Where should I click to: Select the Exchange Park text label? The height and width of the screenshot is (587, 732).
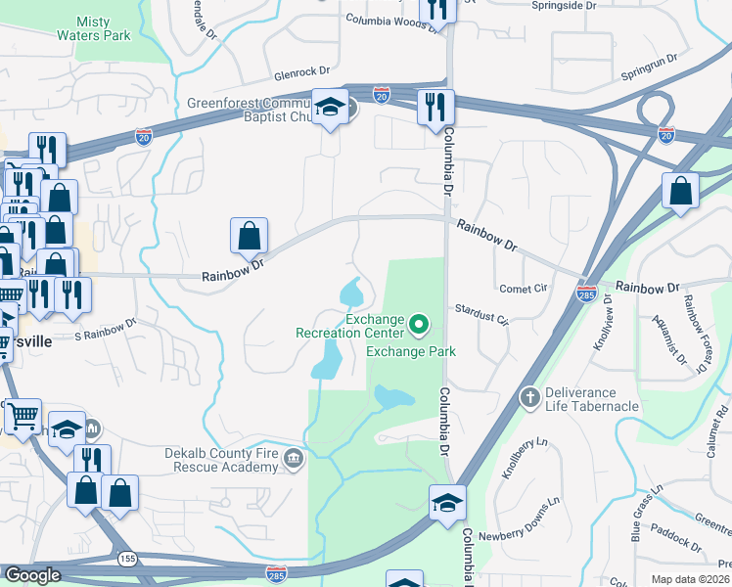tap(411, 351)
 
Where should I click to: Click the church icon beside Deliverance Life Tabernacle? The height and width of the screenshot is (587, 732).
tap(529, 397)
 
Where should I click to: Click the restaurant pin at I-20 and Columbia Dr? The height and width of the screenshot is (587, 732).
tap(432, 108)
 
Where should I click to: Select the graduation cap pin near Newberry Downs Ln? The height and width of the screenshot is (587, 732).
tap(447, 503)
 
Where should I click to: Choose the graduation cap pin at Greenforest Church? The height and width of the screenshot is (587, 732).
tap(330, 108)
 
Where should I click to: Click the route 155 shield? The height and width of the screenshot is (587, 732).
tap(128, 558)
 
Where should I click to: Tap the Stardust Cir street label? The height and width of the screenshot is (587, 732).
tap(482, 312)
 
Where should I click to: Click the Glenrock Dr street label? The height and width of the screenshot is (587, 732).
tap(303, 72)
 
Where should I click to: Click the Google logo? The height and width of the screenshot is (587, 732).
tap(32, 576)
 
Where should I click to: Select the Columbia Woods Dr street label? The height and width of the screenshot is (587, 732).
tap(389, 22)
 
